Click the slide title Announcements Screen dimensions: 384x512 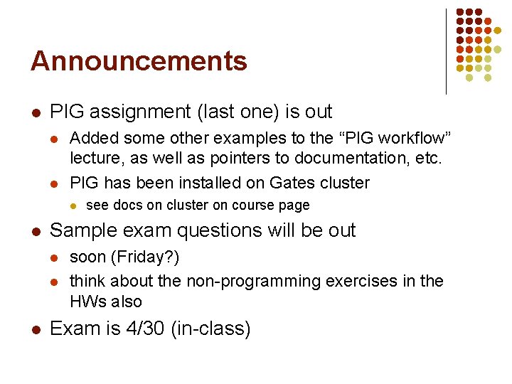point(139,61)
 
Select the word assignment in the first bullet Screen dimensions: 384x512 point(137,112)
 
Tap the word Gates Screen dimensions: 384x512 point(292,183)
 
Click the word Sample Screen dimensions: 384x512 point(80,230)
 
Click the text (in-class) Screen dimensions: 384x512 point(210,329)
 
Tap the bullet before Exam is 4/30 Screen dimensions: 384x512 point(35,329)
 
